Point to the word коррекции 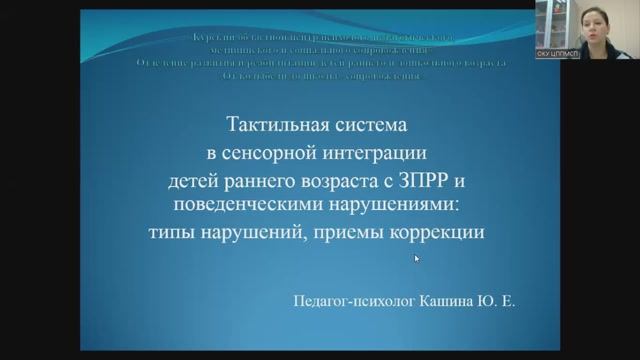(x=436, y=232)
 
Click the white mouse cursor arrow (x=417, y=259)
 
